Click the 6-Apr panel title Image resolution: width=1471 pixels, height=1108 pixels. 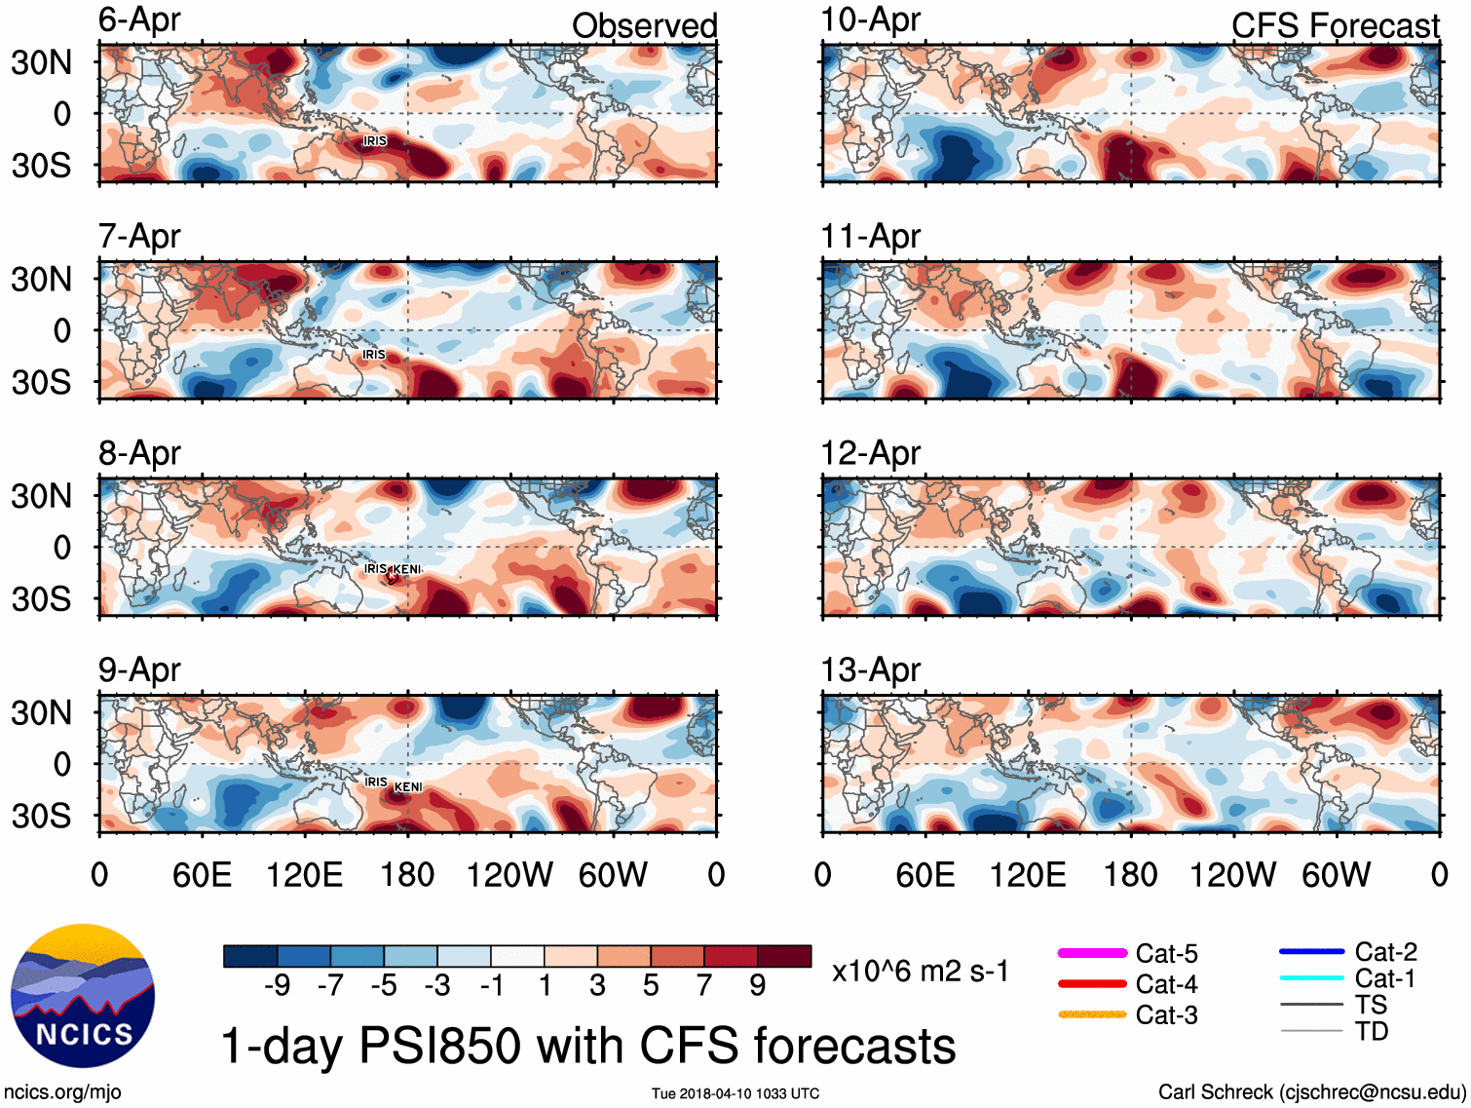[x=139, y=19]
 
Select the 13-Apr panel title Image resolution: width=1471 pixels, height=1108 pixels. [x=870, y=669]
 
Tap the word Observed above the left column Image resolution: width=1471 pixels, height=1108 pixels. [x=644, y=25]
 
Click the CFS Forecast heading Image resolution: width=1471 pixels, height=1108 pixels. [x=1335, y=25]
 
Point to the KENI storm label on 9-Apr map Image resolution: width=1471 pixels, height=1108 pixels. [x=408, y=786]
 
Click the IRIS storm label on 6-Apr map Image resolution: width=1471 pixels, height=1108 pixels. [x=375, y=141]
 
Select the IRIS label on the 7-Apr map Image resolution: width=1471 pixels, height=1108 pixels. [x=374, y=355]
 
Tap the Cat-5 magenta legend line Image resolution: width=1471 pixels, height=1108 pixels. [x=1092, y=953]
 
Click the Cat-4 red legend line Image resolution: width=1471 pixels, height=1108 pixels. [x=1092, y=984]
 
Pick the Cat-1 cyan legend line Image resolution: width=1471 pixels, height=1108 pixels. [x=1311, y=978]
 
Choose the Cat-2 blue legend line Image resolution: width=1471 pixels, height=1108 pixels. [x=1311, y=952]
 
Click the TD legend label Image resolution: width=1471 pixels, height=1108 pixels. [x=1372, y=1031]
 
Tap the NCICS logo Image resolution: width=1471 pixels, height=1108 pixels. [x=83, y=995]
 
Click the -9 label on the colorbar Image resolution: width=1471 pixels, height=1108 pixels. [x=277, y=986]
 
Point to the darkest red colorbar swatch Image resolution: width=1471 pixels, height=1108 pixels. [x=784, y=956]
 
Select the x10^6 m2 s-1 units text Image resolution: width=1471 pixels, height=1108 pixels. [x=920, y=971]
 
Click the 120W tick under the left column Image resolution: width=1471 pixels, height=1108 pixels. [x=509, y=874]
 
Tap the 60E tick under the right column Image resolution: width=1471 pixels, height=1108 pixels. [x=924, y=874]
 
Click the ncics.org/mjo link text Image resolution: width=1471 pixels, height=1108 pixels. [x=62, y=1092]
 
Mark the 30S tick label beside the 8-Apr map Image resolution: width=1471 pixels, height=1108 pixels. [x=41, y=598]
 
